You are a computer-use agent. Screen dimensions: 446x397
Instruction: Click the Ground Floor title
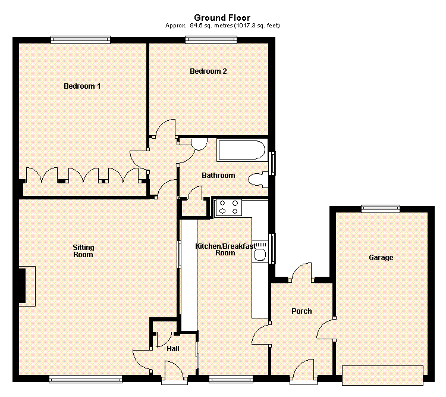(222, 18)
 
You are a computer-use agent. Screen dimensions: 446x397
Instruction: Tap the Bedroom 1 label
(82, 86)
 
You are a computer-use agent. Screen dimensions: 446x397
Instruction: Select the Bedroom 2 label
(208, 71)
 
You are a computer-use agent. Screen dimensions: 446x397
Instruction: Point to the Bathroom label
(218, 176)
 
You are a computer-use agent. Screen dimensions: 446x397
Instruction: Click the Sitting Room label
(83, 251)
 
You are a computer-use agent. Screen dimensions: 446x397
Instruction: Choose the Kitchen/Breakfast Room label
(225, 249)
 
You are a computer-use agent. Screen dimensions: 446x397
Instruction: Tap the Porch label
(301, 311)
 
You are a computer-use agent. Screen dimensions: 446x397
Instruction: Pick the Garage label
(381, 258)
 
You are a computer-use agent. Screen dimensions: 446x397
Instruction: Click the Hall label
(173, 349)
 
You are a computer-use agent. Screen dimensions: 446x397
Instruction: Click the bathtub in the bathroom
(241, 150)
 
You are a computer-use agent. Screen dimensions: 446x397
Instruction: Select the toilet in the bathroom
(258, 180)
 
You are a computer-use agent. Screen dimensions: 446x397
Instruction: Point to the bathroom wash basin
(199, 144)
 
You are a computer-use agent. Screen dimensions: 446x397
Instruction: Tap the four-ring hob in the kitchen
(229, 207)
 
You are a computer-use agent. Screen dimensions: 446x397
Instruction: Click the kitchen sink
(260, 251)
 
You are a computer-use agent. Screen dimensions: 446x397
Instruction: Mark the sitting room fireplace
(27, 286)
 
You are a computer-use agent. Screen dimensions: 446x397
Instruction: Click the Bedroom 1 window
(80, 40)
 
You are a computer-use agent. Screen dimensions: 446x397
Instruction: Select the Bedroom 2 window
(211, 40)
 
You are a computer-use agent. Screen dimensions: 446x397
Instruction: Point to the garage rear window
(381, 209)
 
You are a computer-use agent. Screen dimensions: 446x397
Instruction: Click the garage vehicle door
(382, 376)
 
